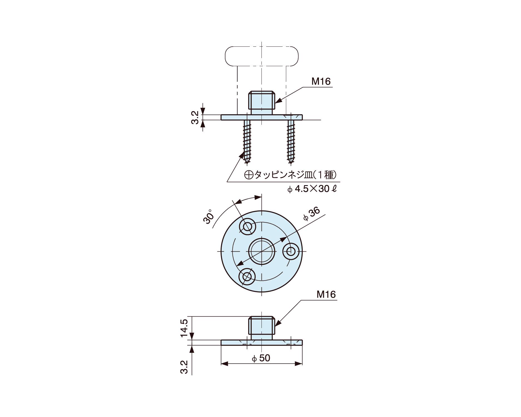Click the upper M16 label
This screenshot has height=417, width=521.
(x=321, y=81)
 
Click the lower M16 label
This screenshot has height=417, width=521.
(x=326, y=294)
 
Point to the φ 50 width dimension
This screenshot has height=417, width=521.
(x=261, y=358)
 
